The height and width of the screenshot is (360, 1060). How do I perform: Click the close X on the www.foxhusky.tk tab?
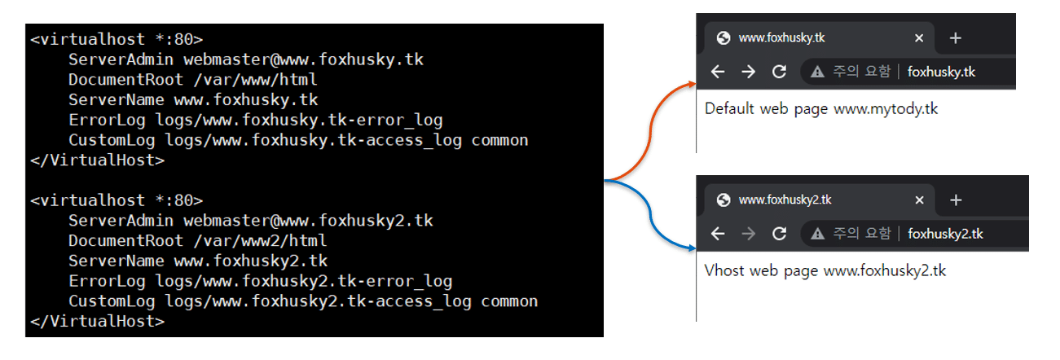pyautogui.click(x=919, y=38)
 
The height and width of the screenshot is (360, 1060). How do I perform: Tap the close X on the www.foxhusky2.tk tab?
pyautogui.click(x=919, y=200)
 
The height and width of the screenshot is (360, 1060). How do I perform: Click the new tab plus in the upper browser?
pyautogui.click(x=956, y=38)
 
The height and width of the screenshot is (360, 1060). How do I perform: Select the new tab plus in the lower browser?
pyautogui.click(x=956, y=200)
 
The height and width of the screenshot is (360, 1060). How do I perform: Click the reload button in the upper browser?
pyautogui.click(x=779, y=72)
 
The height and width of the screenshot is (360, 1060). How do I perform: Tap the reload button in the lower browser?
pyautogui.click(x=779, y=234)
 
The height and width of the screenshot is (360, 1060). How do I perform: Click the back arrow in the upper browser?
pyautogui.click(x=718, y=72)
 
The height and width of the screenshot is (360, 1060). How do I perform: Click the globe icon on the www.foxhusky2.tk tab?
pyautogui.click(x=722, y=200)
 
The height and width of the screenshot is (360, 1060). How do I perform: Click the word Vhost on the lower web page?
pyautogui.click(x=724, y=270)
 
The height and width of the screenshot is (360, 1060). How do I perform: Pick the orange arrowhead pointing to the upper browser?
pyautogui.click(x=692, y=84)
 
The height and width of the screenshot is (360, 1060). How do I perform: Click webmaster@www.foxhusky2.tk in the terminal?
pyautogui.click(x=308, y=221)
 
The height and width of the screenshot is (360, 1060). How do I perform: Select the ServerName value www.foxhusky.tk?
pyautogui.click(x=246, y=100)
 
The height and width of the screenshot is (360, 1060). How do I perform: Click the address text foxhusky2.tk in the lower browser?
pyautogui.click(x=945, y=234)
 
